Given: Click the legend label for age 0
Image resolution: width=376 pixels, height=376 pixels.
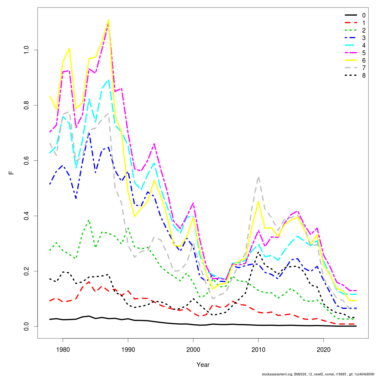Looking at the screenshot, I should point(363,15).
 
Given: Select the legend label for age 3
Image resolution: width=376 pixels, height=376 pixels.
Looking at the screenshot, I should point(363,38).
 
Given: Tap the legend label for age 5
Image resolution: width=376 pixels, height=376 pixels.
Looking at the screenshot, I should point(363,53).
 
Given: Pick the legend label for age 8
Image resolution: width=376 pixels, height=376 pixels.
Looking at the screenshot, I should point(363,76).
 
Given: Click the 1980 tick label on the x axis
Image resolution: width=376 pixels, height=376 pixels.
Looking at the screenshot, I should point(63,349).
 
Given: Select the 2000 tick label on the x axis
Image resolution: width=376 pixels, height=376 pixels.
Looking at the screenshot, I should point(193,349).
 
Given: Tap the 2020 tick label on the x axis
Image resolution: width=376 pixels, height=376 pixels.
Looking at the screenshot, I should point(323,349).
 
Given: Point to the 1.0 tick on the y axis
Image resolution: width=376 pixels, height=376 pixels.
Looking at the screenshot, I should point(26,50).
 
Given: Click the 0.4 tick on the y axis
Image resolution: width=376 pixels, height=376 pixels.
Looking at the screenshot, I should point(26,216).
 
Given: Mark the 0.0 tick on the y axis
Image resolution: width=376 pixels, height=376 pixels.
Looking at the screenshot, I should point(26,326).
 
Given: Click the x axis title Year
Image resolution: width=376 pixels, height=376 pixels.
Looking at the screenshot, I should point(203,365).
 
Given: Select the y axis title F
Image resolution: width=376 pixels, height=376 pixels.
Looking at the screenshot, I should point(12,172).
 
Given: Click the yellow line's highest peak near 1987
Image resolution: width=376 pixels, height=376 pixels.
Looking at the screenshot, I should point(108,20).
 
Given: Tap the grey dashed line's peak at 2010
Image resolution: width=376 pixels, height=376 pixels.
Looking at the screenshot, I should point(258,177).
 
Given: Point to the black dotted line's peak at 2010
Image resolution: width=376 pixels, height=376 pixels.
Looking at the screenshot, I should point(258,251).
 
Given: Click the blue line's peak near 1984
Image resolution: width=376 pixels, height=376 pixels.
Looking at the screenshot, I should point(89,133).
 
